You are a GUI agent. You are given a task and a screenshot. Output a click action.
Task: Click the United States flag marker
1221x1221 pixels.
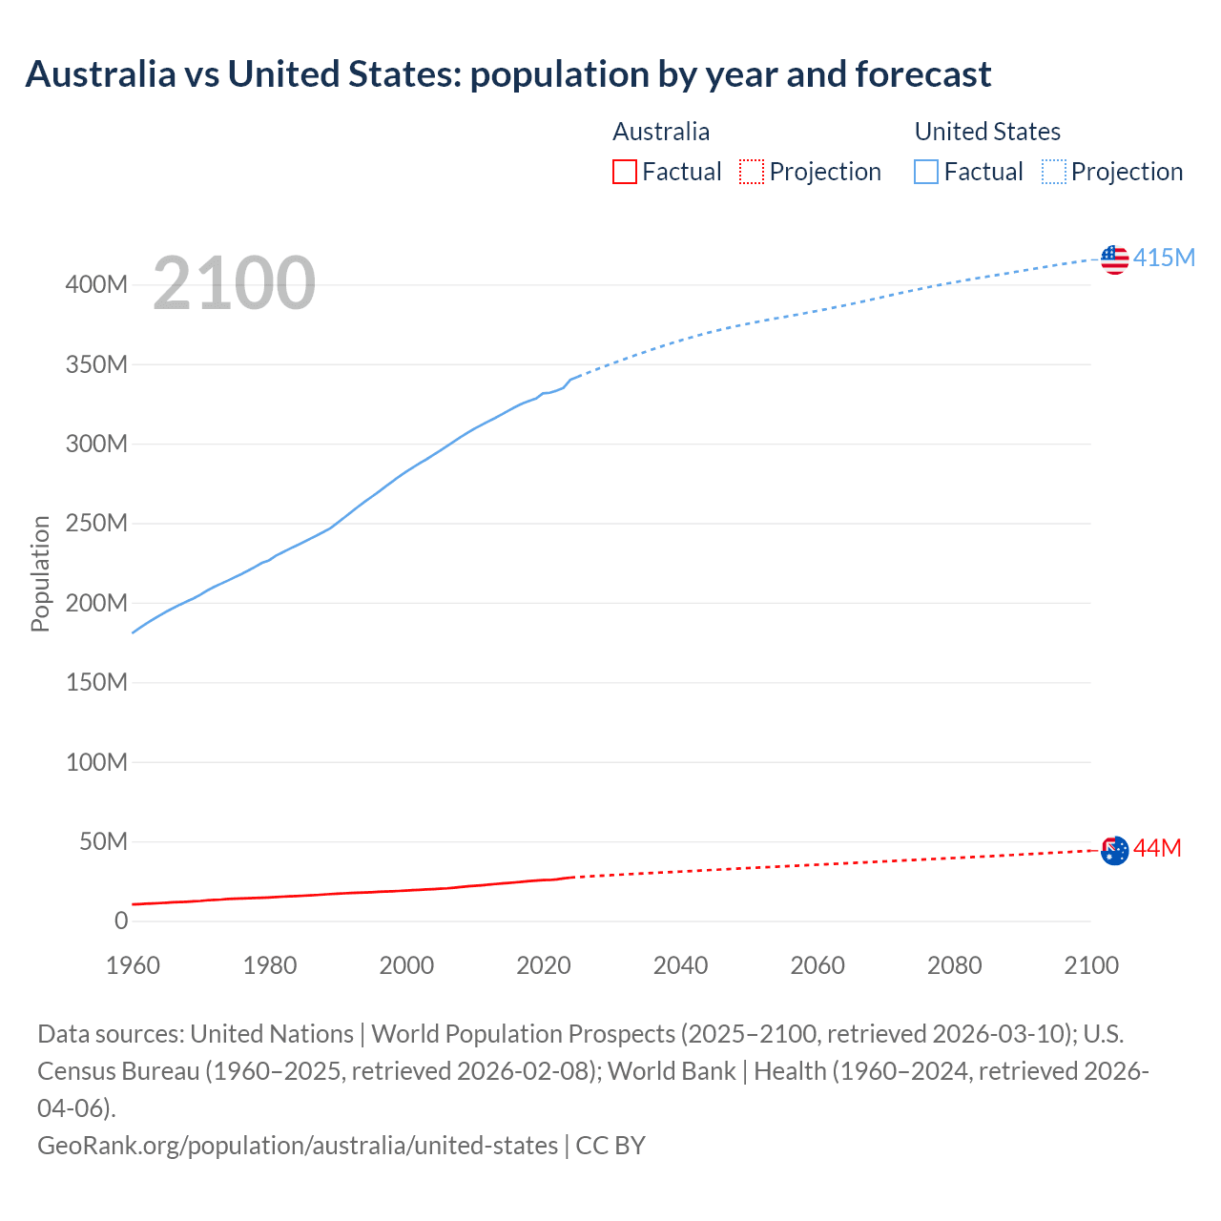click(x=1114, y=259)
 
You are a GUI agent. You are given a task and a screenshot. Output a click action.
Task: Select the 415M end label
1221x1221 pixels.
click(x=1164, y=258)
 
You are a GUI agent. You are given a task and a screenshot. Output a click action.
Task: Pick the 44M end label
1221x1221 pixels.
click(x=1157, y=848)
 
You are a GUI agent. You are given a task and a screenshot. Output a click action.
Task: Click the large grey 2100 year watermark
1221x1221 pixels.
click(x=234, y=283)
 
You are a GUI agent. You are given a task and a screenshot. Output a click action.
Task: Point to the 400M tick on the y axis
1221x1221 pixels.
click(x=96, y=285)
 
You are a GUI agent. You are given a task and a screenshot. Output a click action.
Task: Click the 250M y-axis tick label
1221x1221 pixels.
click(x=96, y=524)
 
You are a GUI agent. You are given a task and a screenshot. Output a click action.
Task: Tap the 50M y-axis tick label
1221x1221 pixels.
click(x=103, y=841)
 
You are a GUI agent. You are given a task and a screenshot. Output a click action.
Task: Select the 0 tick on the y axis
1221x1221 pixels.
click(x=121, y=921)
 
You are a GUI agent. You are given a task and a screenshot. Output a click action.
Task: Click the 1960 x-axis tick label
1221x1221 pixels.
click(x=133, y=965)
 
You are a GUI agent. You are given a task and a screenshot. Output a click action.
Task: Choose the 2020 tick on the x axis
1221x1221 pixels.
click(x=544, y=965)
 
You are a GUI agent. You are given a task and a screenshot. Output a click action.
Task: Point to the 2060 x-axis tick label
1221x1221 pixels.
click(x=817, y=965)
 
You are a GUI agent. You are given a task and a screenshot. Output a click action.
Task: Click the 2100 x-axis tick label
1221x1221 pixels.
click(x=1091, y=965)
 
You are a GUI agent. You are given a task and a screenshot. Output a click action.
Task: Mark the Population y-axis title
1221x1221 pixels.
click(x=40, y=573)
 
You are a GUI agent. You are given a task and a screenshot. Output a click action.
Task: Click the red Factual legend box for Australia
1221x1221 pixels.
click(x=624, y=172)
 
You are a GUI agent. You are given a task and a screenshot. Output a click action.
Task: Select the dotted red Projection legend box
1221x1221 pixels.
click(x=752, y=172)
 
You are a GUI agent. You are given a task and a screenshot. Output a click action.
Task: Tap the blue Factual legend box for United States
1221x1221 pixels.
click(x=926, y=172)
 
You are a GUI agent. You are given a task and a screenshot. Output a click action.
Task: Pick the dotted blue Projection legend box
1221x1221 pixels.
click(x=1054, y=172)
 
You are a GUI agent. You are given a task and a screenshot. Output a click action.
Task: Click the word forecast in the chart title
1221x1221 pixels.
click(x=922, y=73)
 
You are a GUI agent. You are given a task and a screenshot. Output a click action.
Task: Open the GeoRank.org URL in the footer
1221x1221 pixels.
click(x=298, y=1145)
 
